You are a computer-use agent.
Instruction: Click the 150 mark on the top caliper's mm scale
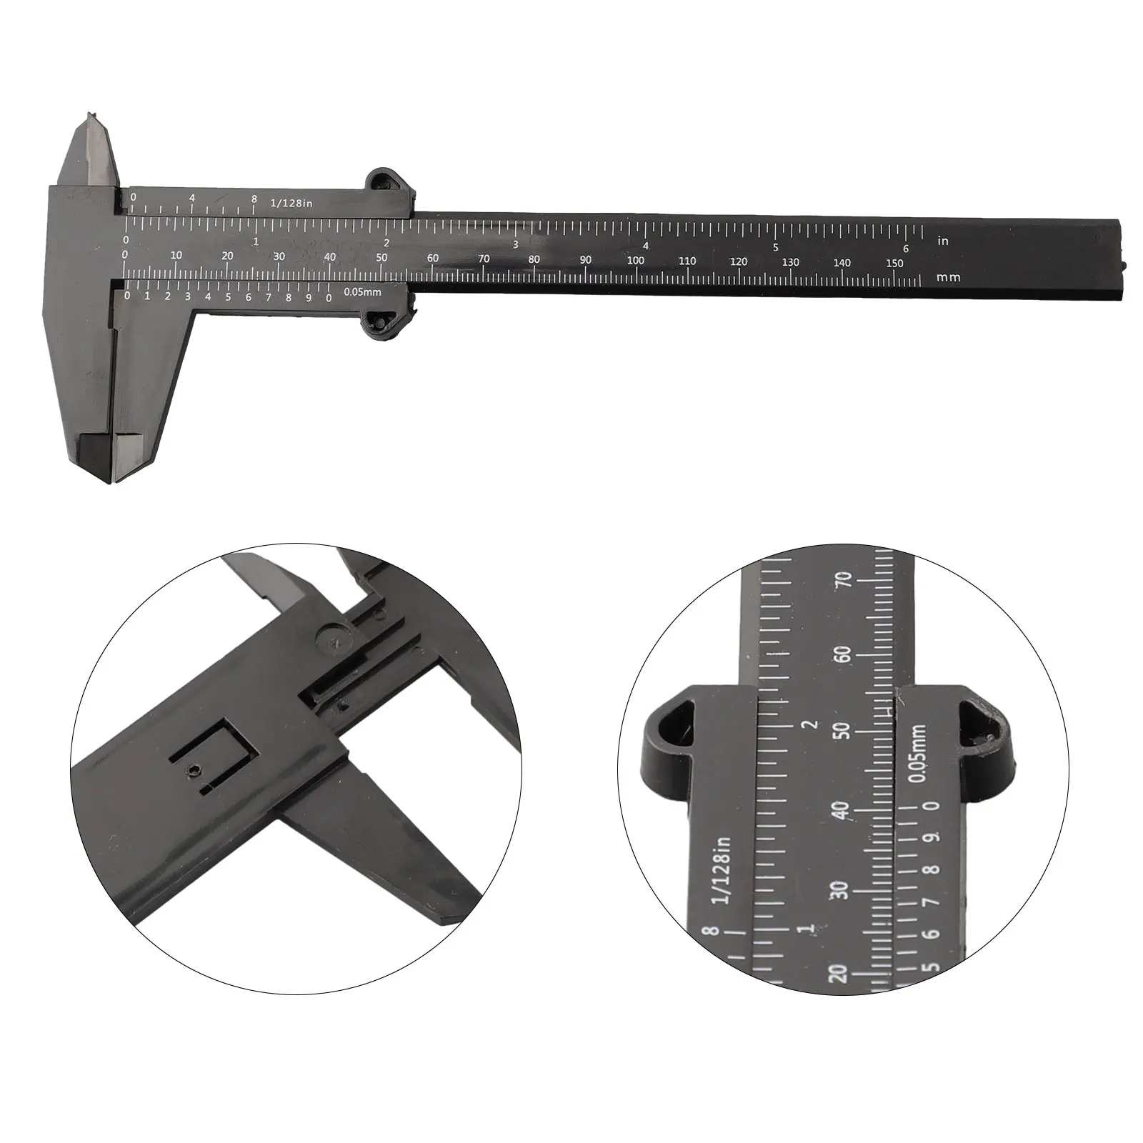[894, 263]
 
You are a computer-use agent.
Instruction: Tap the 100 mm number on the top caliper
[635, 261]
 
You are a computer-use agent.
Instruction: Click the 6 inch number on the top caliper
[905, 249]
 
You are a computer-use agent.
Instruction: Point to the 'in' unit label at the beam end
[943, 241]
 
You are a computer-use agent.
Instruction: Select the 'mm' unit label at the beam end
[949, 277]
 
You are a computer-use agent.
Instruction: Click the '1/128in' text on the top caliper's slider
[291, 204]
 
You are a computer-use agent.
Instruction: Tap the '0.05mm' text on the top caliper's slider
[362, 291]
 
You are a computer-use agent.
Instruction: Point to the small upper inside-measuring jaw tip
[91, 118]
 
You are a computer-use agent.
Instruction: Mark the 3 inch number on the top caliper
[516, 244]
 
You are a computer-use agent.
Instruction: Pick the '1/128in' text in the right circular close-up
[724, 870]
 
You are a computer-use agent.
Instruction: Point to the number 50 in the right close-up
[844, 731]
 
